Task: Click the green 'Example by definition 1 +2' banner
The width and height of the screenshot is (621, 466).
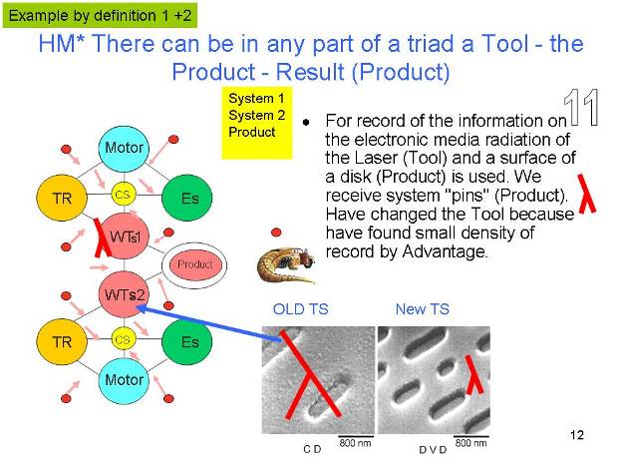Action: [100, 16]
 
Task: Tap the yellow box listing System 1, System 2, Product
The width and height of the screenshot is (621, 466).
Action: [256, 123]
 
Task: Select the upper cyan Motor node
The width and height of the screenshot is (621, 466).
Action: [124, 149]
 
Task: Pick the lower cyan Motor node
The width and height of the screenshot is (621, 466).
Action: [124, 380]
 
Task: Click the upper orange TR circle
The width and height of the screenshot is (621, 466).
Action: [62, 198]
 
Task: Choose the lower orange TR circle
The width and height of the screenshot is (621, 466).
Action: [62, 342]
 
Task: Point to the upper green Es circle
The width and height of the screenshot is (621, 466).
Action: [187, 198]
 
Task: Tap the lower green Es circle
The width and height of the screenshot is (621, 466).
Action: [187, 342]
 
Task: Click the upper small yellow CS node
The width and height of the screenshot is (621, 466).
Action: [123, 195]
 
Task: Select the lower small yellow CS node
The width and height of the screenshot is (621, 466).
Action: [123, 339]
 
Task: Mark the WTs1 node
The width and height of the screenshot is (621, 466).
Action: [124, 236]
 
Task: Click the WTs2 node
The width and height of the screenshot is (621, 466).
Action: [124, 294]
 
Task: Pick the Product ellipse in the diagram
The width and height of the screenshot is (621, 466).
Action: [194, 264]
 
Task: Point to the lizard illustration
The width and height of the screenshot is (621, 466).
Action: [286, 263]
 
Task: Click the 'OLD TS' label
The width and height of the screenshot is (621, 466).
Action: [301, 309]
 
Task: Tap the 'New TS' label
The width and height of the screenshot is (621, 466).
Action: [423, 309]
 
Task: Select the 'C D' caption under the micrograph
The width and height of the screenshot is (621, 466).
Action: [312, 449]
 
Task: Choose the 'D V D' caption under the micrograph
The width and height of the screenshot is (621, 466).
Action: [433, 450]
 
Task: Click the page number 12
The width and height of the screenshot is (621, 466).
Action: [577, 435]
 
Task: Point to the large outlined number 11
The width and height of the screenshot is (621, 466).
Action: [581, 108]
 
